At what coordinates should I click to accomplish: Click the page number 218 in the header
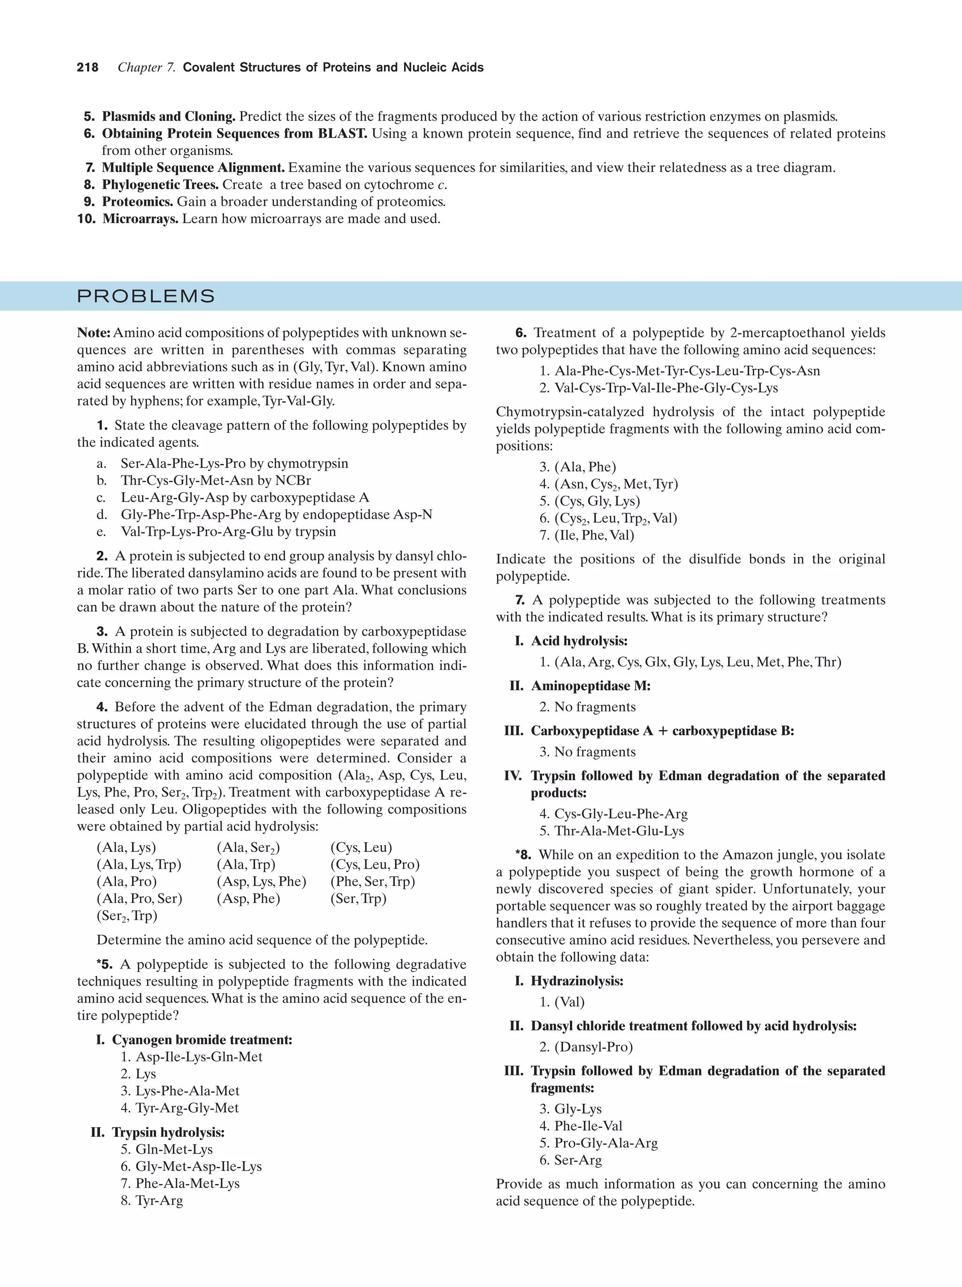click(x=87, y=68)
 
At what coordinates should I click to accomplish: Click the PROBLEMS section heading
click(x=146, y=296)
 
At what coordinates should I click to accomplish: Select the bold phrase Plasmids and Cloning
click(x=169, y=116)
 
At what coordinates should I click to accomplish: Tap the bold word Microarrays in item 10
click(x=140, y=219)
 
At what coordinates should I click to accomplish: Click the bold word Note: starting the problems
click(x=93, y=333)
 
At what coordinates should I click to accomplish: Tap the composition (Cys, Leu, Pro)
click(x=375, y=864)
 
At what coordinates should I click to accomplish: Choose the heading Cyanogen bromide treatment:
click(x=202, y=1040)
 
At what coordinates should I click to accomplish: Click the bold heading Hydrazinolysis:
click(x=577, y=981)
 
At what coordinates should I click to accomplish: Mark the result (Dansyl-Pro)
click(x=593, y=1047)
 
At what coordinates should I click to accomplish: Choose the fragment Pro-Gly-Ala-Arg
click(x=605, y=1143)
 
